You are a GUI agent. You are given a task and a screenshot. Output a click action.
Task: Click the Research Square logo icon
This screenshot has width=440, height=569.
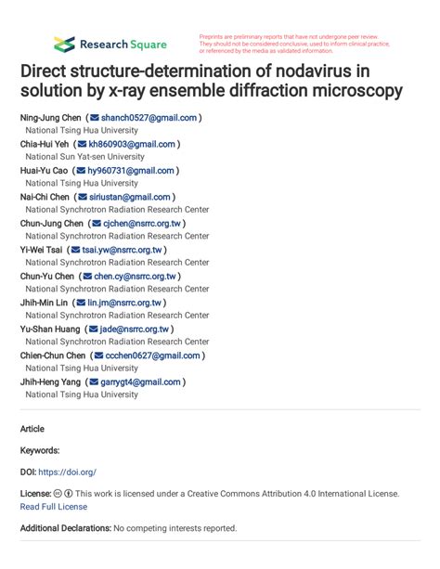[x=64, y=44]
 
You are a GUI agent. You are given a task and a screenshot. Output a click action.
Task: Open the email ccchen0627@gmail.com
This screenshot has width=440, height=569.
[x=152, y=356]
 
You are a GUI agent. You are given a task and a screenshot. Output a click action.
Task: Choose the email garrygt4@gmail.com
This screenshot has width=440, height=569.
[x=141, y=381]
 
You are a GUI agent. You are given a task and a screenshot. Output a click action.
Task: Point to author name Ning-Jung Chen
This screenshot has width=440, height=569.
[x=50, y=118]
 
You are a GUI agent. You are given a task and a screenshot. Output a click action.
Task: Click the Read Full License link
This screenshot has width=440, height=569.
[x=53, y=507]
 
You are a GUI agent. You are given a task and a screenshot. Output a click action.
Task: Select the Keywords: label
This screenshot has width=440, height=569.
[x=40, y=450]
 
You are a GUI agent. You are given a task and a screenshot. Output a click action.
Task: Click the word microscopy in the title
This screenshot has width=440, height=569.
[x=355, y=91]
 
